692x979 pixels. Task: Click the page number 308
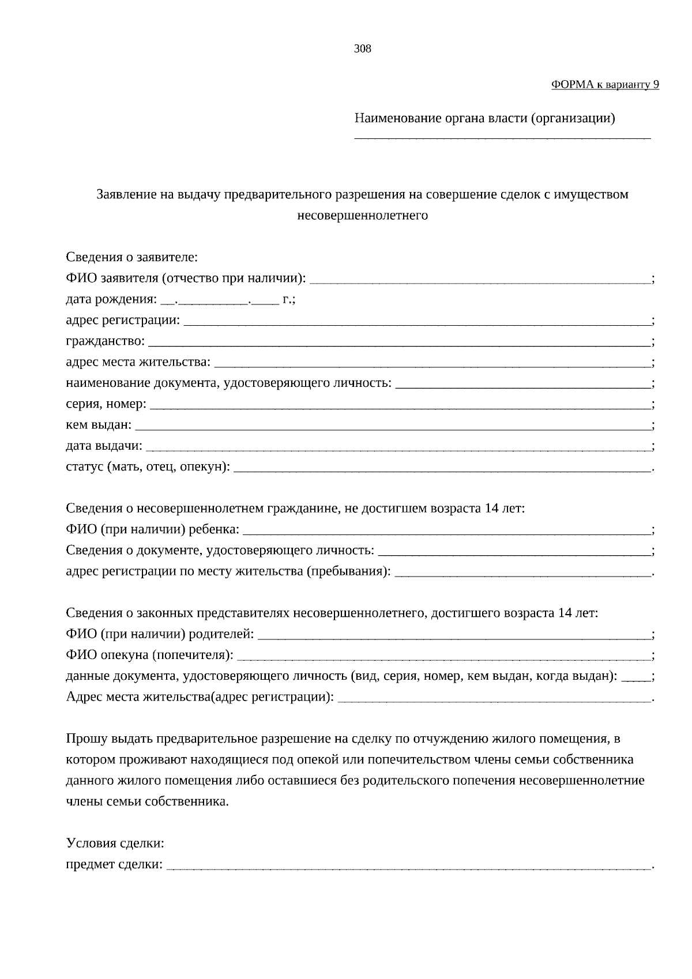(362, 49)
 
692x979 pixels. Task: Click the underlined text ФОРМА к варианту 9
(605, 85)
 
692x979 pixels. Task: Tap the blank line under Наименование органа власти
(502, 137)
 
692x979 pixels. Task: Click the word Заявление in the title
(126, 194)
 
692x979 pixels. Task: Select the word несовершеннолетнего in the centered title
(362, 216)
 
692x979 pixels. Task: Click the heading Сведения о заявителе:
(131, 257)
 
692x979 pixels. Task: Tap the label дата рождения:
(111, 300)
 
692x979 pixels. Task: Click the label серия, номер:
(106, 404)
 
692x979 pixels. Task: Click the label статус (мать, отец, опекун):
(148, 467)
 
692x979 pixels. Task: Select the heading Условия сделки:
(115, 844)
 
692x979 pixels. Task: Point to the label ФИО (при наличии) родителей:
(160, 635)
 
